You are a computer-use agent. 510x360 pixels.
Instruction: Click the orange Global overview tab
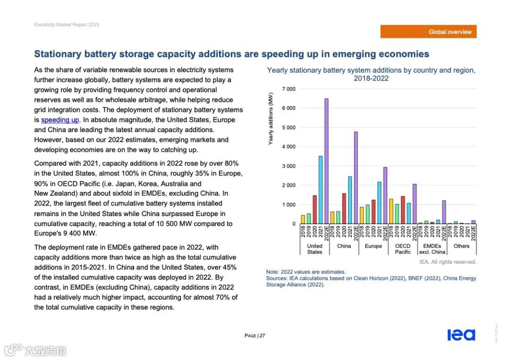428,32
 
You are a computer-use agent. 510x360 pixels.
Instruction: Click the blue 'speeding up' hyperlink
60,120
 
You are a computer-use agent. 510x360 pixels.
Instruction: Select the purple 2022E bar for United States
326,161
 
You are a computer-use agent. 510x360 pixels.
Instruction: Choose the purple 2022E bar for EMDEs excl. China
444,212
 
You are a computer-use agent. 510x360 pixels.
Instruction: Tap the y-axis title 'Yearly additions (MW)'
271,118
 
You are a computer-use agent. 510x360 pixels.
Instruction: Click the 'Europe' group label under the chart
373,246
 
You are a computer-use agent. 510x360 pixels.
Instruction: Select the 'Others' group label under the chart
461,246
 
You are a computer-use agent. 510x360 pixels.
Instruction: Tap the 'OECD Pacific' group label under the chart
403,249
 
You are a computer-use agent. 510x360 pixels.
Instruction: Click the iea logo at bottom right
461,335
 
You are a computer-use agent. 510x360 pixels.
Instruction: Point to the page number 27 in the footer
262,336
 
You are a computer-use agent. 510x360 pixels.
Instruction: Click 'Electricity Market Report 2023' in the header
67,25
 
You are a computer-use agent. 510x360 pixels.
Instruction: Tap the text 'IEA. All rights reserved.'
448,262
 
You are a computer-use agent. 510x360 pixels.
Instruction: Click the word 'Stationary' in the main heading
58,54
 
